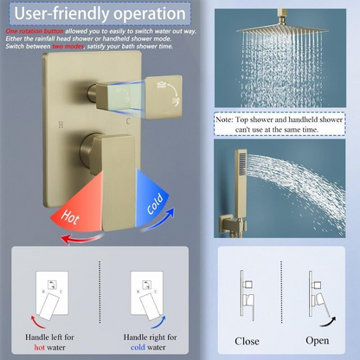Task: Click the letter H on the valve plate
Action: click(x=61, y=125)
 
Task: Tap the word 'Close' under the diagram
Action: click(x=247, y=340)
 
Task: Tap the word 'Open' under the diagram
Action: click(x=318, y=340)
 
